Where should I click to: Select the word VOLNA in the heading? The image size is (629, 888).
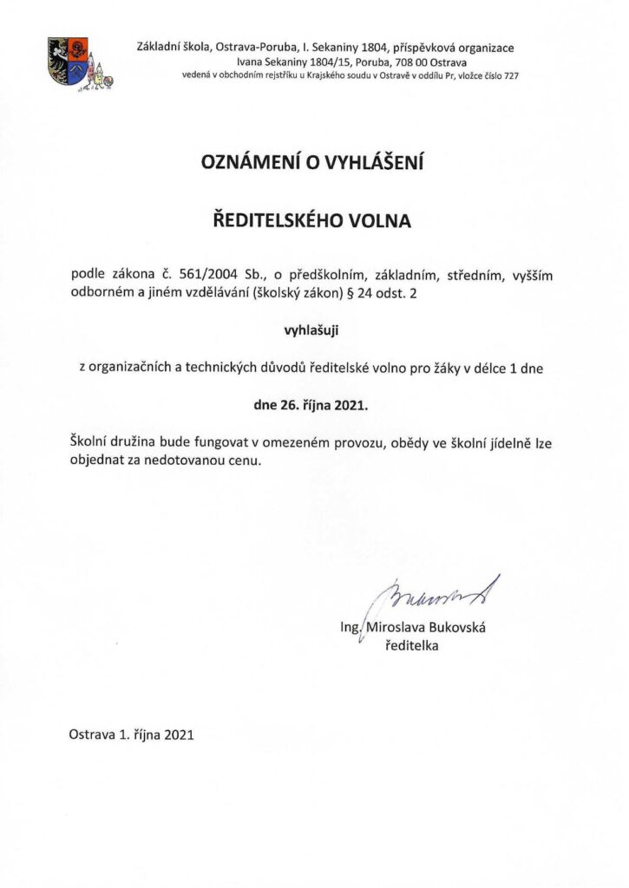pos(378,221)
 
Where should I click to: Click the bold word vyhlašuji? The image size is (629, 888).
pos(314,330)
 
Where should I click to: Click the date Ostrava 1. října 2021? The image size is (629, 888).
pos(130,734)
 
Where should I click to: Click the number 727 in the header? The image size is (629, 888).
pos(510,76)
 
